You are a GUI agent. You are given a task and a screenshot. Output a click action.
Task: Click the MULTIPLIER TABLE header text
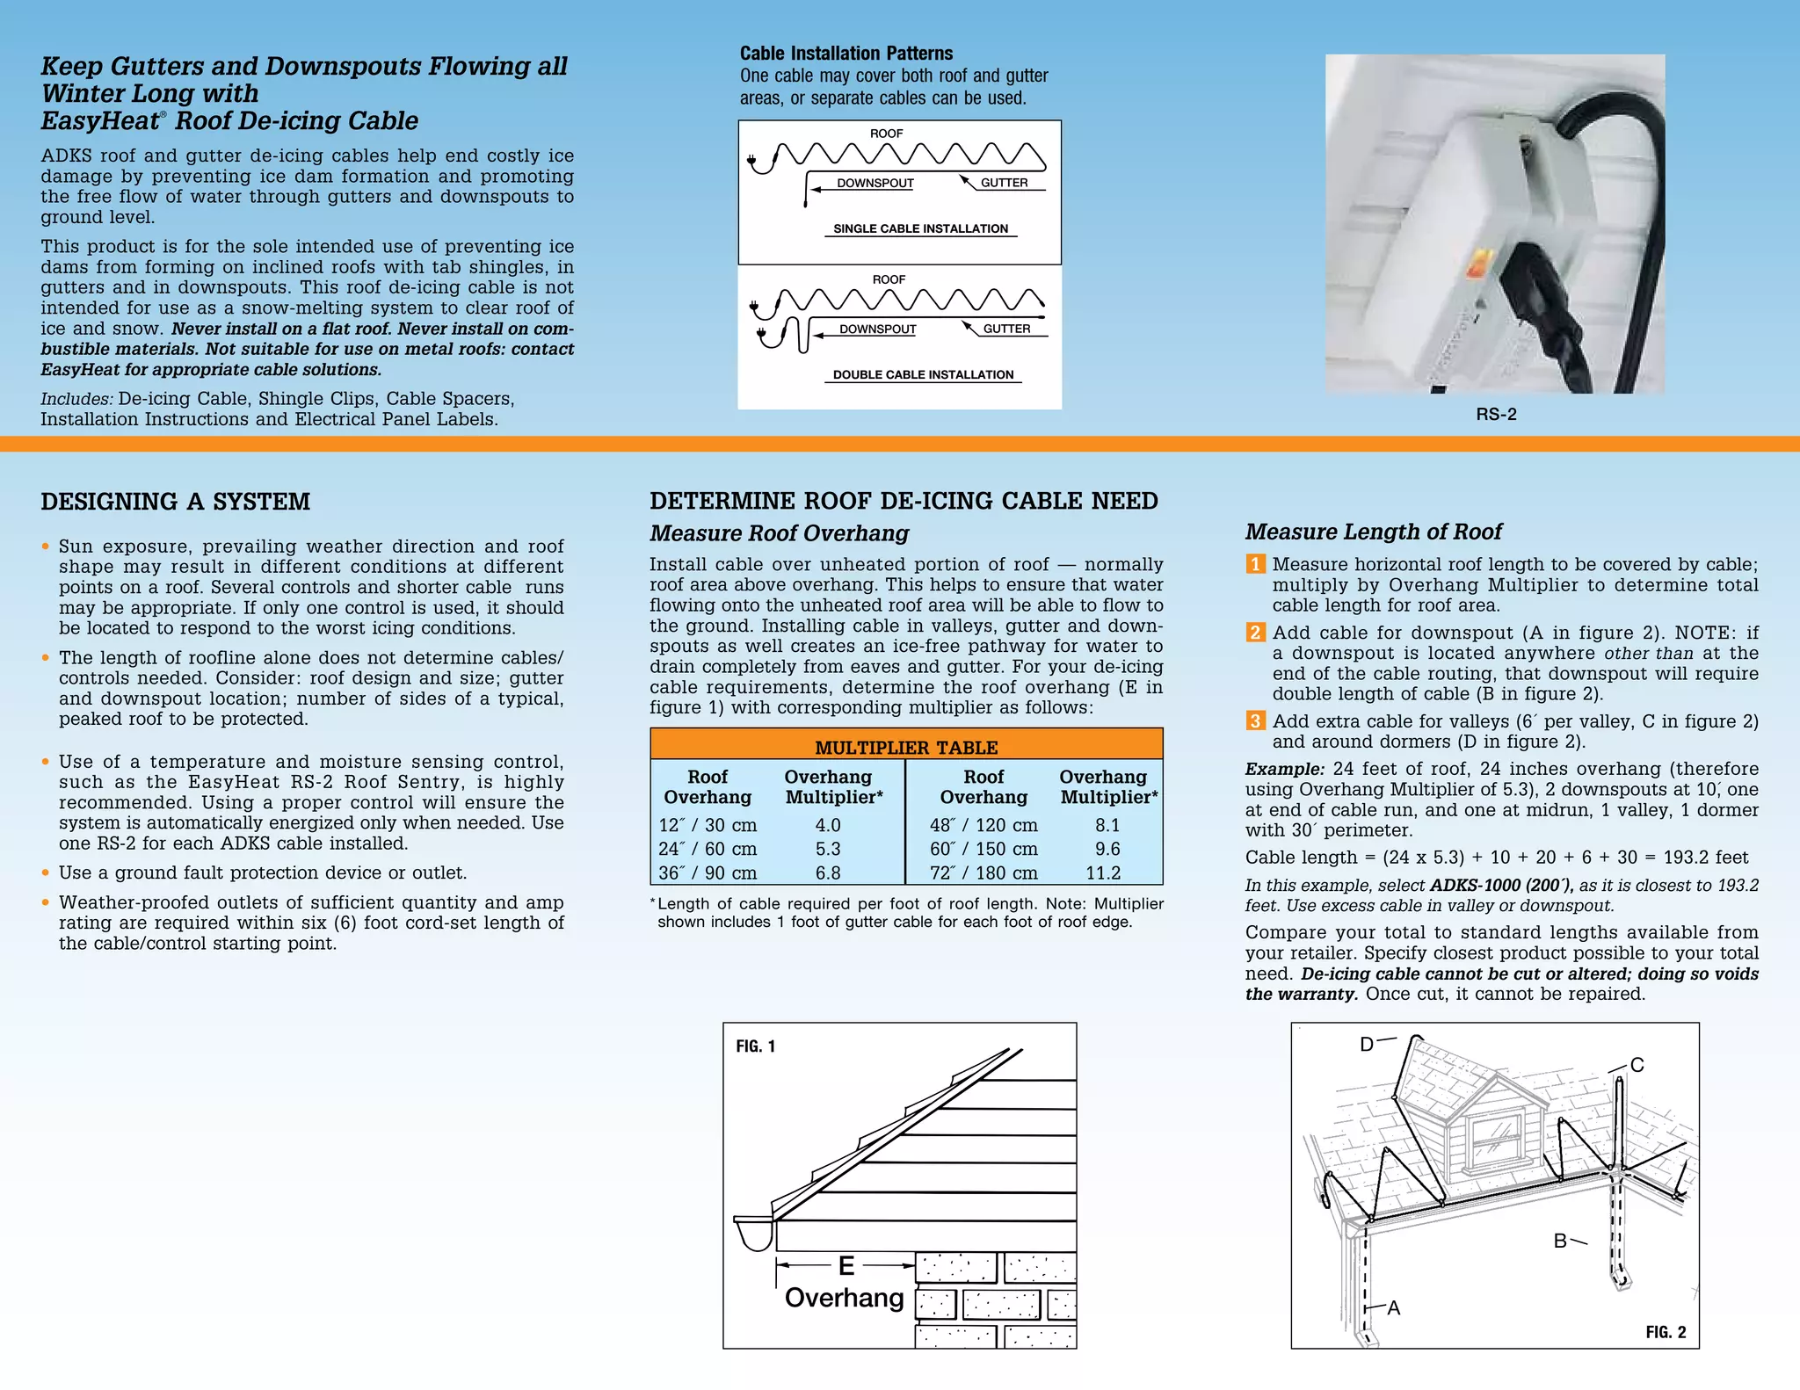(906, 748)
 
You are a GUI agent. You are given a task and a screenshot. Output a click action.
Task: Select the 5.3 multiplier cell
(827, 849)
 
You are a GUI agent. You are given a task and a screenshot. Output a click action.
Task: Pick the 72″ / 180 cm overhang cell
(983, 872)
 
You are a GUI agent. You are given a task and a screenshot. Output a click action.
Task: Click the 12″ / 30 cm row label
(708, 825)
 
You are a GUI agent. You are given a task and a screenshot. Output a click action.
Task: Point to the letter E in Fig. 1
(846, 1265)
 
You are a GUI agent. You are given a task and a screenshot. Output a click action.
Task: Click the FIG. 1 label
(755, 1046)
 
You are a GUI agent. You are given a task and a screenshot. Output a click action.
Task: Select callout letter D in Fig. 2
(1367, 1045)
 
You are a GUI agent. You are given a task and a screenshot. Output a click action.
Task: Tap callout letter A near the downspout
(1393, 1308)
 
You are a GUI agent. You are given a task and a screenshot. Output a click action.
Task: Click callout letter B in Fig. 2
(1560, 1241)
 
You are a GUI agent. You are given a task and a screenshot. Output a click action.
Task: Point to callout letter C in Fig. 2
(1637, 1065)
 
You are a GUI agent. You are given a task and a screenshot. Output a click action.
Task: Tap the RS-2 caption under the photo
(1496, 415)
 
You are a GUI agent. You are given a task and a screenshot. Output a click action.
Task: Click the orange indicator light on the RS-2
(1479, 259)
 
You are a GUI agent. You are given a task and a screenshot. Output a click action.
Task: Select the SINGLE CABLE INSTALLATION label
(920, 228)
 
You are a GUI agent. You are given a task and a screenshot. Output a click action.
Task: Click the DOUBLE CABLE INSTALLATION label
(923, 374)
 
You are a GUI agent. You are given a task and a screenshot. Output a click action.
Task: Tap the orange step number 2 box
(1255, 633)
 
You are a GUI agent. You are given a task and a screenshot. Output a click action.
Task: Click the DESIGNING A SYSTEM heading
(175, 502)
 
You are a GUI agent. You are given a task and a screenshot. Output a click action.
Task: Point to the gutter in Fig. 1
(754, 1232)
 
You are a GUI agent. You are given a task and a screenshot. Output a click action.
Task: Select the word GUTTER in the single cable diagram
(1004, 183)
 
